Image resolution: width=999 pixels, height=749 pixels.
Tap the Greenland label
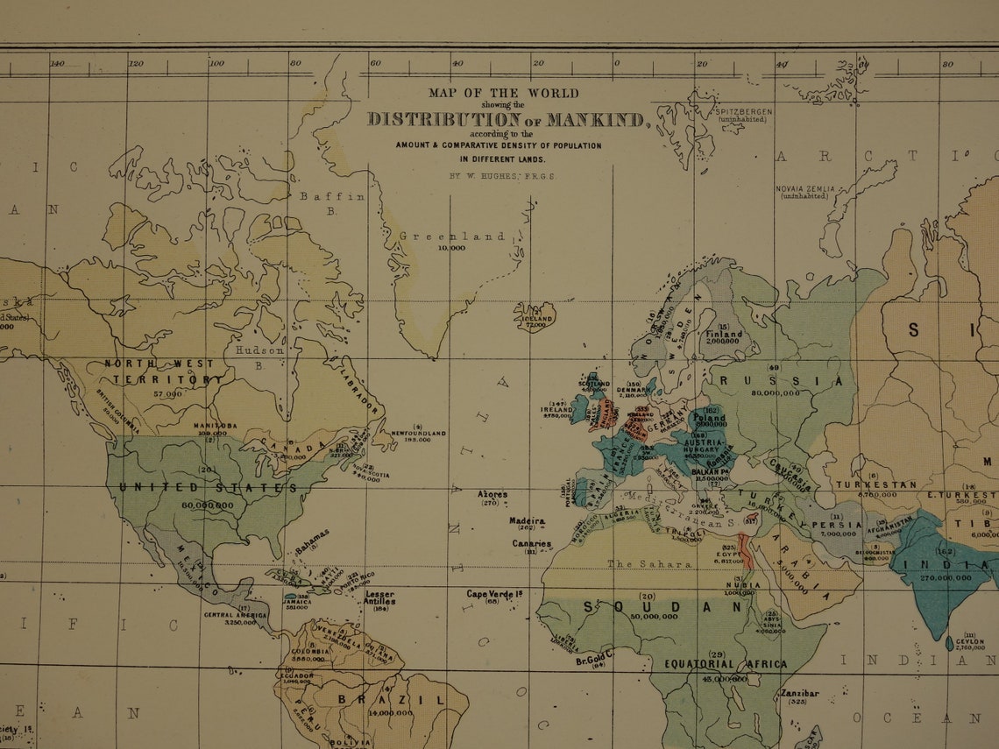[452, 237]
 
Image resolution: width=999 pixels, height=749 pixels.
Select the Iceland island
[534, 315]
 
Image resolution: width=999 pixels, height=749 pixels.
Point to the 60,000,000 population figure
[208, 505]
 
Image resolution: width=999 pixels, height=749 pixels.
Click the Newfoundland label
[418, 434]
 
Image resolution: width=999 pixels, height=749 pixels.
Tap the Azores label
[492, 495]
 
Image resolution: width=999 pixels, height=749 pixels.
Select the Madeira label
[527, 521]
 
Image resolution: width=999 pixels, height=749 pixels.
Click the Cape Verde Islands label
[494, 594]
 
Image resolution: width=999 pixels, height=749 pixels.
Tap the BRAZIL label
[391, 700]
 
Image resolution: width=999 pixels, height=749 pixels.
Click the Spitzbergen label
[743, 112]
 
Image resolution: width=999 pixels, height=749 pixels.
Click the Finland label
[724, 334]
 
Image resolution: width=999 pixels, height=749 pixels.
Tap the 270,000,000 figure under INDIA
[945, 578]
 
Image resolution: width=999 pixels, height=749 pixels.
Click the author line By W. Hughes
[501, 176]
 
